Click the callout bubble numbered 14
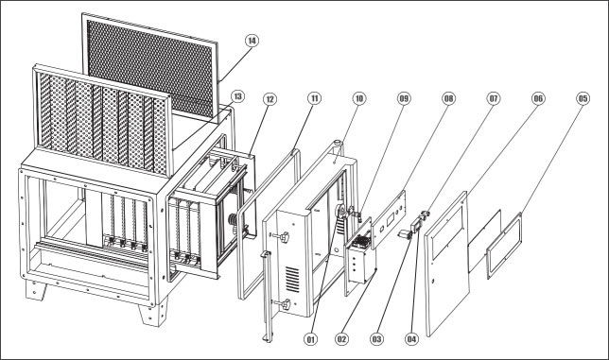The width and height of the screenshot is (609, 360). [252, 41]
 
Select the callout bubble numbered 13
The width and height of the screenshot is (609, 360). [237, 96]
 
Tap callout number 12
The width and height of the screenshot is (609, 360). [270, 99]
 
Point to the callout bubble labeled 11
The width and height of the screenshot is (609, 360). [314, 98]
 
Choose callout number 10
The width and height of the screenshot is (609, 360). [359, 98]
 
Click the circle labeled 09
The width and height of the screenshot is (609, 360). [404, 98]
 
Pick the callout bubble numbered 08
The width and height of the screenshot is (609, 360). [448, 98]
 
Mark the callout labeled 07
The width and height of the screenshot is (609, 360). [494, 98]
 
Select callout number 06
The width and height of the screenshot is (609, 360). [538, 98]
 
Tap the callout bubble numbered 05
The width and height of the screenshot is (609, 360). [583, 98]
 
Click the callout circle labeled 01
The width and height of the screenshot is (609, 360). [310, 339]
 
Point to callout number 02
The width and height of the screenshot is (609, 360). [341, 339]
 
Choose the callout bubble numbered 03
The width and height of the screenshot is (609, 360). [376, 339]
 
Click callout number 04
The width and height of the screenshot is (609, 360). [411, 339]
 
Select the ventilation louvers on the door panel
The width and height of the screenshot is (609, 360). [293, 279]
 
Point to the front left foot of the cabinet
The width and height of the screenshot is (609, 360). [36, 290]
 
